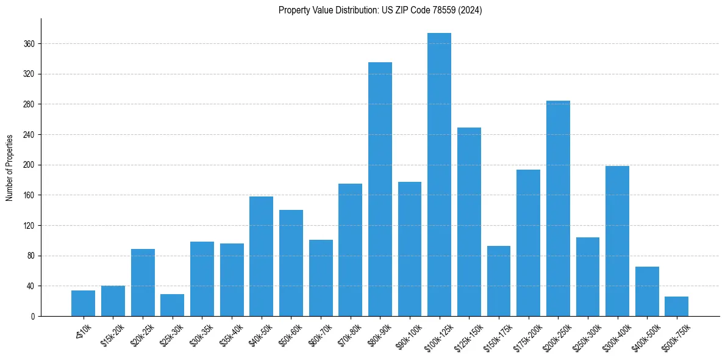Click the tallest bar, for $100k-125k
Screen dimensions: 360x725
439,175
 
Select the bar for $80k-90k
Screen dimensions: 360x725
380,189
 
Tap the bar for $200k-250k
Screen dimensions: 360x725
558,208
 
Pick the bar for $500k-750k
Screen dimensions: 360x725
677,306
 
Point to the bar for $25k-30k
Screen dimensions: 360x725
172,305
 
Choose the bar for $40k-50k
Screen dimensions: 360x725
261,256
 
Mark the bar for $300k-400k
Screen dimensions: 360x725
617,241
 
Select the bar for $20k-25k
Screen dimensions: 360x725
143,283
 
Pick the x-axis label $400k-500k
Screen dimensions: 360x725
646,334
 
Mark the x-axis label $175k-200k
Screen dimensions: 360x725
527,334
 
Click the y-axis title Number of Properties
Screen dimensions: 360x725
9,168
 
